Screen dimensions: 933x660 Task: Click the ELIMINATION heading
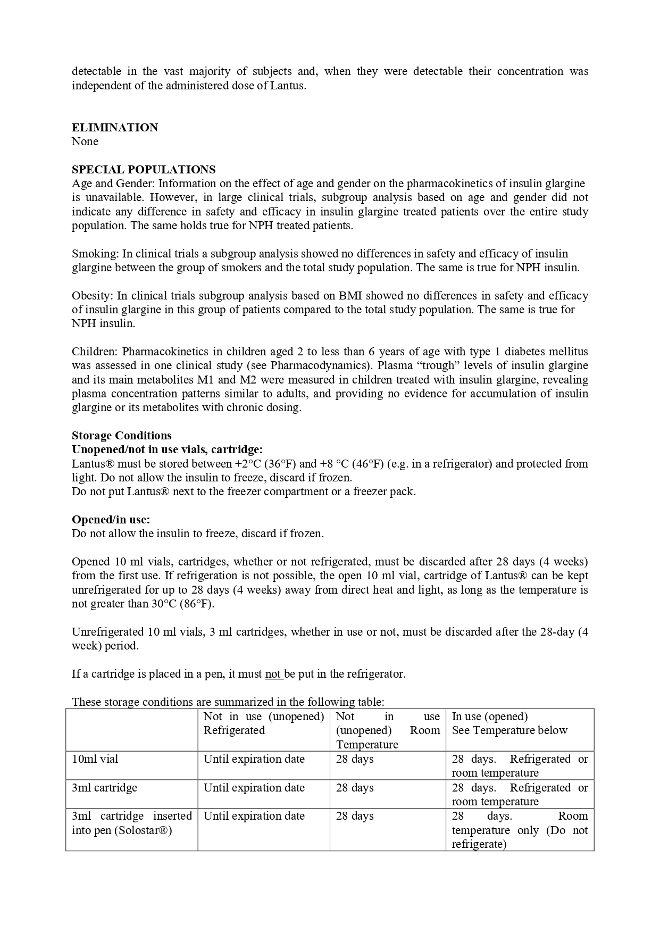tap(115, 128)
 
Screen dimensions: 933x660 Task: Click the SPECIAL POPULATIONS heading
tap(144, 170)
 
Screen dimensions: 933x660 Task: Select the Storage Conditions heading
tap(122, 436)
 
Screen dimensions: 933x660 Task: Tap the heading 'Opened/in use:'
tap(111, 520)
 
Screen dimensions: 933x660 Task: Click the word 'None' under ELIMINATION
tap(85, 141)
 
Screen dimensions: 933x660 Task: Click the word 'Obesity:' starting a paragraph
tap(93, 296)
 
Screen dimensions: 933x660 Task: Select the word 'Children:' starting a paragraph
tap(94, 352)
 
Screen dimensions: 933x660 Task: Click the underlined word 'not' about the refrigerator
tap(273, 674)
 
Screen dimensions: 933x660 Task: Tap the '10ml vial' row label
tap(95, 759)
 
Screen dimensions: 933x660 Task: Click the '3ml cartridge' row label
tap(104, 788)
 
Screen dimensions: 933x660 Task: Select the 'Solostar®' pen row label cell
tap(131, 823)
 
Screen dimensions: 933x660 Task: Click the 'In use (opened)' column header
tap(490, 717)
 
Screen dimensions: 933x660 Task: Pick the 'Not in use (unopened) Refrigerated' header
tap(263, 723)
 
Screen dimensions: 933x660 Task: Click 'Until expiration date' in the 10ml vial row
tap(254, 759)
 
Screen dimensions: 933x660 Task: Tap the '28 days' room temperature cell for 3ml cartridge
tap(355, 788)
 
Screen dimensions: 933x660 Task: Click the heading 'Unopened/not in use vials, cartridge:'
tap(167, 450)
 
